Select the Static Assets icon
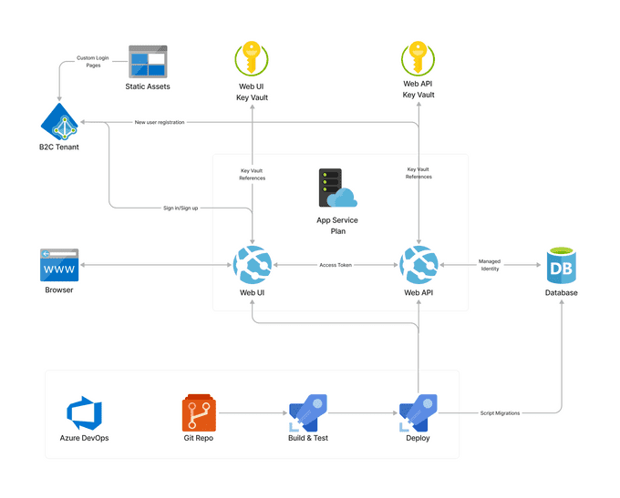point(148,62)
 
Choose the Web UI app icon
point(252,265)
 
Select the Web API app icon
point(418,265)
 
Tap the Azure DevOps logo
point(85,412)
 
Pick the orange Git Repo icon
point(199,412)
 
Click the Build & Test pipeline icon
point(308,412)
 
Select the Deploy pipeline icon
point(418,412)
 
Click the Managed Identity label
point(490,265)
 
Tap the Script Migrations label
point(501,412)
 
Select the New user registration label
point(160,122)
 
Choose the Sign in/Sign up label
point(181,208)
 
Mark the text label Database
point(562,292)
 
